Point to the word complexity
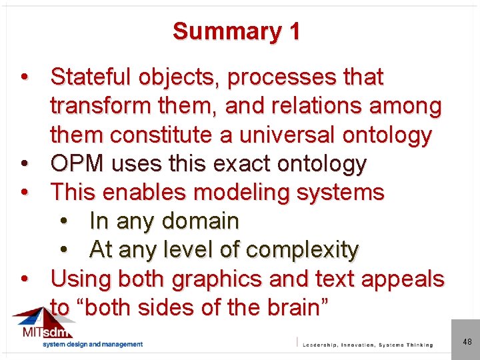click(303, 249)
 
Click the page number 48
click(467, 342)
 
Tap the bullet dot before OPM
click(25, 163)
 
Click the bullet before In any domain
click(64, 221)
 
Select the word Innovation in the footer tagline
click(353, 345)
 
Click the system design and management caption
click(93, 344)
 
